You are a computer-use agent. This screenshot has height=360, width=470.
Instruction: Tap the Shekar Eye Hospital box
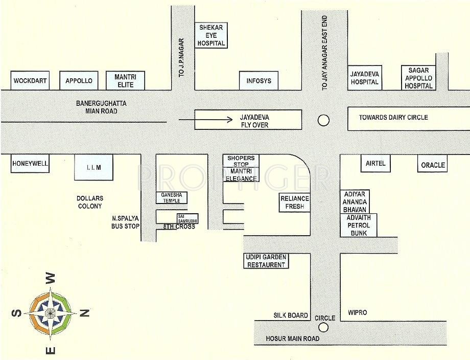pos(211,35)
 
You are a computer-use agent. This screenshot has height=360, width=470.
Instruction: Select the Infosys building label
pos(258,81)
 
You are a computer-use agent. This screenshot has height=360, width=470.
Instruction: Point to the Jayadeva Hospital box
pos(364,78)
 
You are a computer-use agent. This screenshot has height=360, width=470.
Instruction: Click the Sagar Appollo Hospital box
pos(418,78)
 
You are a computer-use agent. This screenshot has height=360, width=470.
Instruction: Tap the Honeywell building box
pos(30,164)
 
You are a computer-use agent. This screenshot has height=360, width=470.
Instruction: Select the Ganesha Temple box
pos(171,197)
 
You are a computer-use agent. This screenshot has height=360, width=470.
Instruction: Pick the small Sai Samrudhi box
pos(187,218)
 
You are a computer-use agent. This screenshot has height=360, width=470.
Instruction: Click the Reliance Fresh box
pos(295,202)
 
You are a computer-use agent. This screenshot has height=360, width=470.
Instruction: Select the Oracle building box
pos(433,165)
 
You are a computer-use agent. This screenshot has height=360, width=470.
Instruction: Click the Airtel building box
pos(375,164)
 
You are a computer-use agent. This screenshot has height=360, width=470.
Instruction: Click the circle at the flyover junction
pos(323,120)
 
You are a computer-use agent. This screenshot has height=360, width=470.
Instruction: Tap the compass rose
pos(51,312)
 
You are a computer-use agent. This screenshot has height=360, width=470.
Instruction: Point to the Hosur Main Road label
pos(293,339)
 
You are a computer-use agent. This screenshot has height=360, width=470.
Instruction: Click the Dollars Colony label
pos(90,202)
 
